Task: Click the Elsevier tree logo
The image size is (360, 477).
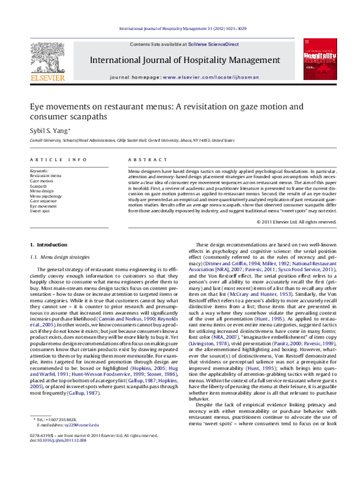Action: tap(48, 60)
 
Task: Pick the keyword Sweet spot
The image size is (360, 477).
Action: tap(41, 211)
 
